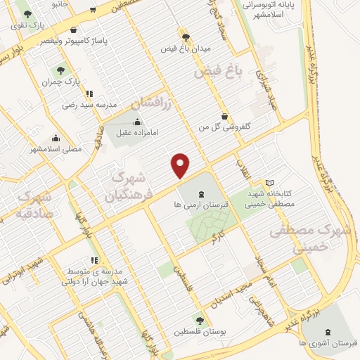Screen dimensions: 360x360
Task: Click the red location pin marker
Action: pos(181,165)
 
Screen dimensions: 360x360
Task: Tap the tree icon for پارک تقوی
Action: pos(27,13)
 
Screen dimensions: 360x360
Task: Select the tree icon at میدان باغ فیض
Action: pos(185,37)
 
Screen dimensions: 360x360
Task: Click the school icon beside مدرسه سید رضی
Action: pos(89,93)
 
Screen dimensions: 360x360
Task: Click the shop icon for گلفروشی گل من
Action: pos(224,116)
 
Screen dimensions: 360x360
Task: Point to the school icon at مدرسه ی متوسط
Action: pos(95,260)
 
